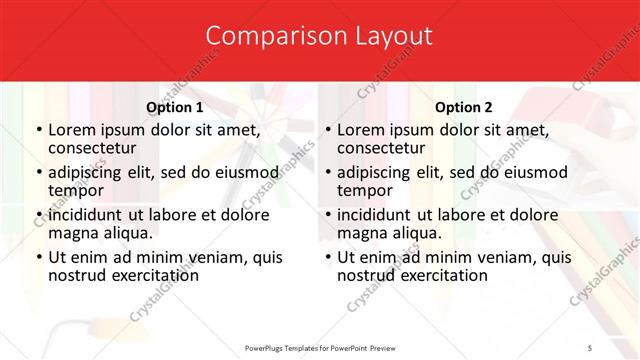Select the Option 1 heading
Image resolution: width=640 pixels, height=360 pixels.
click(x=175, y=107)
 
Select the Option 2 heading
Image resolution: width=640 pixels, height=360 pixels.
click(x=464, y=107)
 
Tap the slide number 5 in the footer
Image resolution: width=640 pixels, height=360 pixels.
click(x=590, y=347)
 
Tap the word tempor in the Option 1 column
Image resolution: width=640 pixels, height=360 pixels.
click(x=76, y=190)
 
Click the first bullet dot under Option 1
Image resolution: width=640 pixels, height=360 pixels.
click(x=38, y=130)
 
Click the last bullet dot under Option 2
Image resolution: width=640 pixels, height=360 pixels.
click(x=327, y=258)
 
